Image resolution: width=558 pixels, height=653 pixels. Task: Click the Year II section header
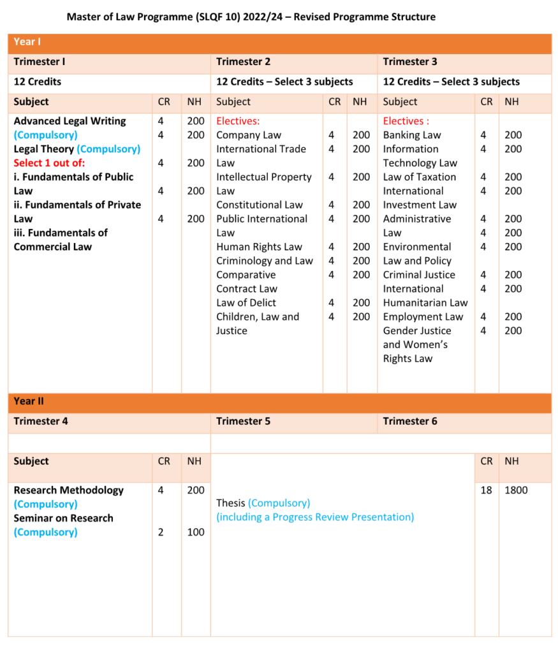click(x=29, y=401)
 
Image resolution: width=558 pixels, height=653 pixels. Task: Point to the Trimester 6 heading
click(x=410, y=421)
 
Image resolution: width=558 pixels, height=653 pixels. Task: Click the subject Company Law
click(x=249, y=135)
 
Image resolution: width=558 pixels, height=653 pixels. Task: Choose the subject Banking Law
click(x=412, y=135)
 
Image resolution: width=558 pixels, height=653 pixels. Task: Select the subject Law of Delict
click(x=246, y=303)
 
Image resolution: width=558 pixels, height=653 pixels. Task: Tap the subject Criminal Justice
click(x=419, y=275)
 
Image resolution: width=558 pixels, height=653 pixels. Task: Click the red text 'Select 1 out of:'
click(x=49, y=163)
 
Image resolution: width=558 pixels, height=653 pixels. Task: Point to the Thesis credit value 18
click(x=486, y=490)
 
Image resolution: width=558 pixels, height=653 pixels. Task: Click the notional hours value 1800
click(x=516, y=490)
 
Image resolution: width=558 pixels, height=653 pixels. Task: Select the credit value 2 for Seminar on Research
click(x=161, y=532)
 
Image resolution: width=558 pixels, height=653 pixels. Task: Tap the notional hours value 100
click(x=196, y=532)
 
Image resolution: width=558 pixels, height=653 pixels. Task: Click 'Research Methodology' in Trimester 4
click(x=68, y=490)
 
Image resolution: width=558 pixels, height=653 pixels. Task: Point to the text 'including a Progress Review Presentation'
click(x=315, y=517)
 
